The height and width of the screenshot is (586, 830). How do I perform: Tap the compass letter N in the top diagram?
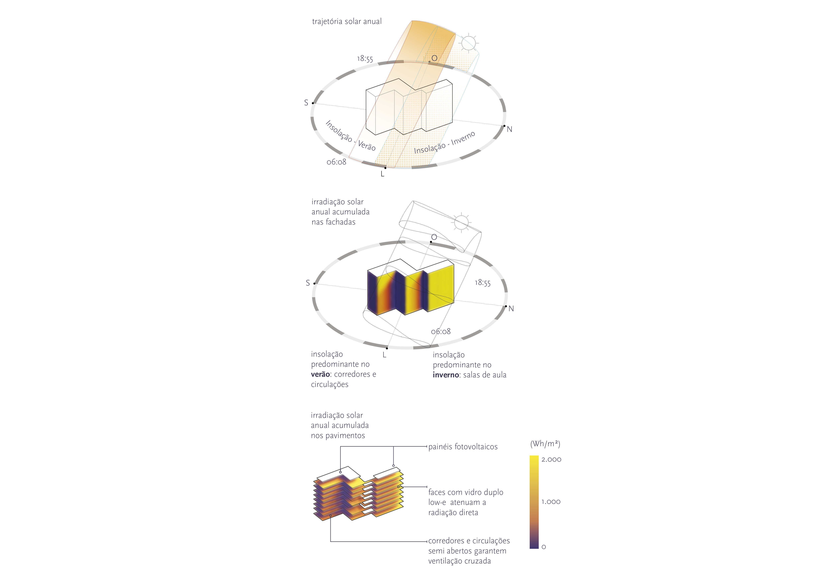(x=509, y=129)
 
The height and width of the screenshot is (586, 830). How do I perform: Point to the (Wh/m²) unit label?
(x=545, y=444)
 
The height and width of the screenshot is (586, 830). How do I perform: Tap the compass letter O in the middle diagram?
(x=434, y=237)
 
